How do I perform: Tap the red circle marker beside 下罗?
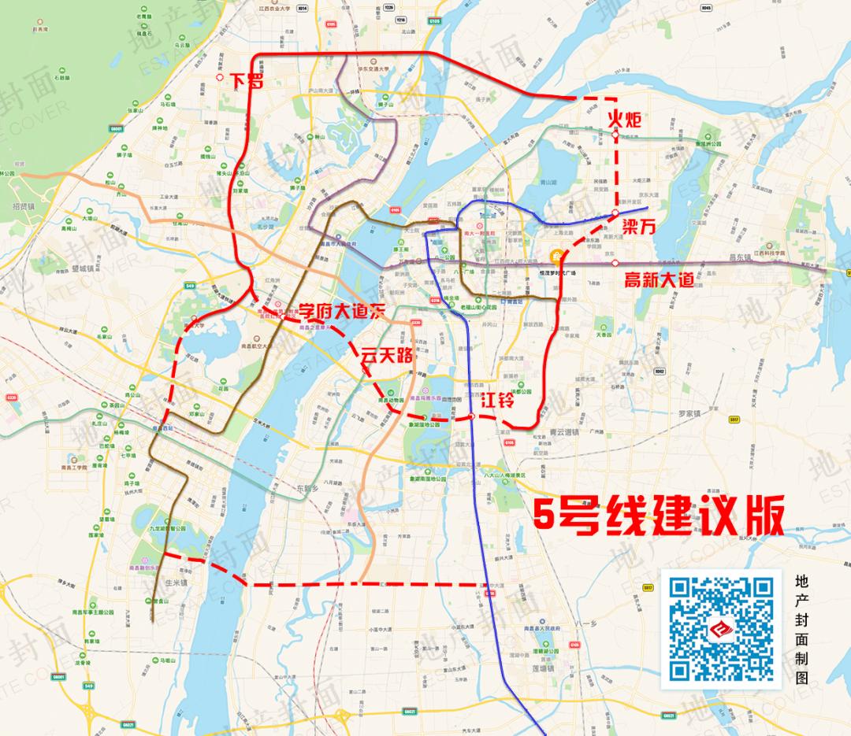pos(219,79)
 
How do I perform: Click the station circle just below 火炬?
pos(615,136)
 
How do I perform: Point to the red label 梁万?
pos(640,225)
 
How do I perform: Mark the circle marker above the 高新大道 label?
pos(616,262)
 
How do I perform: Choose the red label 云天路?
pos(386,354)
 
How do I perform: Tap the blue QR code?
pos(721,628)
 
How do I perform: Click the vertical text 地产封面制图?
pos(802,629)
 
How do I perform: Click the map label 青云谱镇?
pos(563,432)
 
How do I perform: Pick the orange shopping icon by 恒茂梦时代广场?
pos(557,255)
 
